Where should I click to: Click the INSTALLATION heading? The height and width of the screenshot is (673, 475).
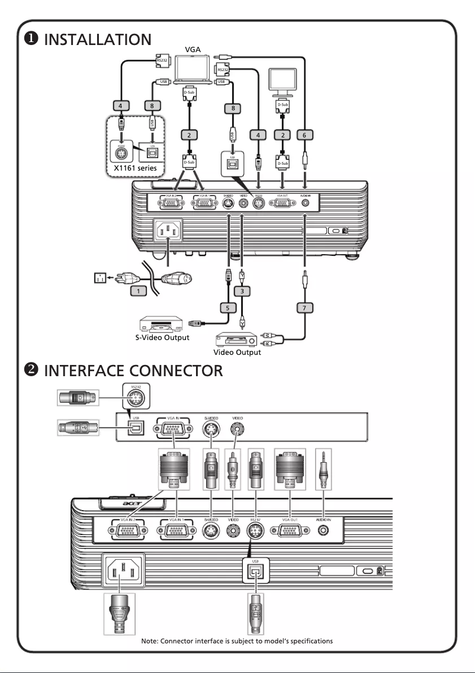98,40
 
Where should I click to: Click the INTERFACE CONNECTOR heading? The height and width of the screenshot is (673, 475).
133,371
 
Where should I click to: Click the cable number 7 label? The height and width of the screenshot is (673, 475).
304,307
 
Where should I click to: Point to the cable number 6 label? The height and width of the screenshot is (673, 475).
304,135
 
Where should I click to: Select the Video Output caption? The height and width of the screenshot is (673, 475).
237,352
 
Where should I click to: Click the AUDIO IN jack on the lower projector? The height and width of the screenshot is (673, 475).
323,530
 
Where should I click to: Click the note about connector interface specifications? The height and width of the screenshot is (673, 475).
237,641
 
